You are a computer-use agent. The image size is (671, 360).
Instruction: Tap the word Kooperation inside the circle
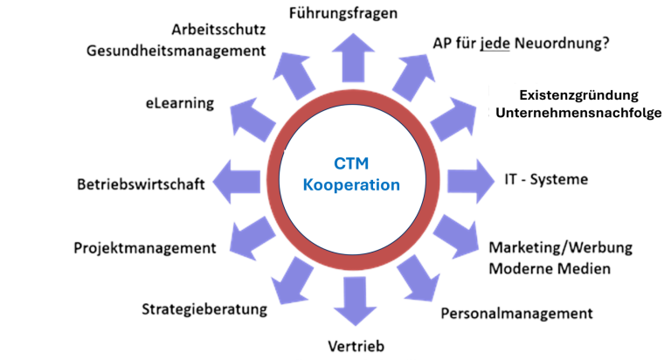click(x=352, y=185)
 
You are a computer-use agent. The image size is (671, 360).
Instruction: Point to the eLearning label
click(x=180, y=103)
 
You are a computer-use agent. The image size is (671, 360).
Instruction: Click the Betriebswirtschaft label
click(x=141, y=184)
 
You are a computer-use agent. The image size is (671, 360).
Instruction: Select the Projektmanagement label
click(x=144, y=249)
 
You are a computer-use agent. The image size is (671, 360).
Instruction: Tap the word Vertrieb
click(x=355, y=345)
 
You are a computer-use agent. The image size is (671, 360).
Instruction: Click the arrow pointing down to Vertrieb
click(x=354, y=300)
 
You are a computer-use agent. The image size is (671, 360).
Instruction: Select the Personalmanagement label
click(x=517, y=312)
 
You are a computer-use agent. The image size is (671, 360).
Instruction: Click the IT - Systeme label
click(x=547, y=180)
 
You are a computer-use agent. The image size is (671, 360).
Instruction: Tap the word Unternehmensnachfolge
click(x=579, y=114)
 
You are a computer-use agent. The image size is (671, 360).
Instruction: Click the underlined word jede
click(x=495, y=43)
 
